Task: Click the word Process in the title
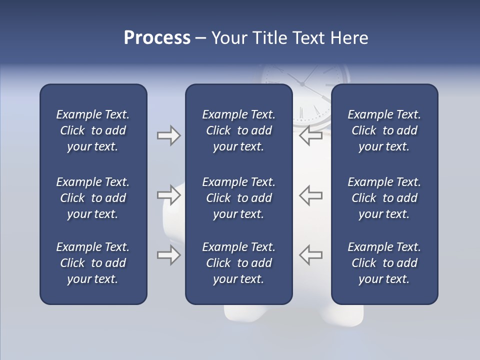click(157, 38)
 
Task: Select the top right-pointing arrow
click(168, 135)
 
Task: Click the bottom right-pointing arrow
click(168, 255)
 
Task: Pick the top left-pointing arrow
click(311, 135)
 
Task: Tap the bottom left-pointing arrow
click(311, 255)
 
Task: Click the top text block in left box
click(93, 130)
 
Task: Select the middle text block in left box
click(93, 198)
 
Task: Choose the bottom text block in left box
click(93, 263)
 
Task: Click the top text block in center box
click(238, 130)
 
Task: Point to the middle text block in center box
click(238, 198)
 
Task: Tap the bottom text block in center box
click(238, 263)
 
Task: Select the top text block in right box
click(384, 130)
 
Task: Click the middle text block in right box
click(384, 198)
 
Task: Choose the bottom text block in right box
click(384, 263)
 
